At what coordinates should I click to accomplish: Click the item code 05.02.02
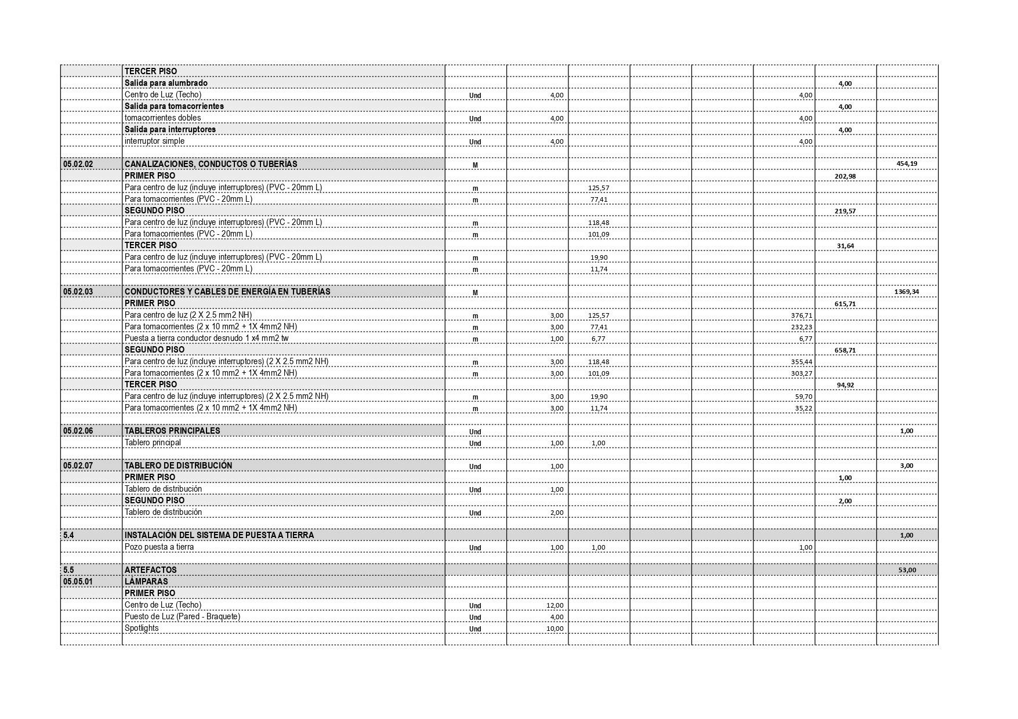click(78, 164)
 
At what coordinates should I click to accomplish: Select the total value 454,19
click(907, 164)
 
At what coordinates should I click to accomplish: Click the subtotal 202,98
click(845, 176)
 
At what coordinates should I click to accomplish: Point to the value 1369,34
click(907, 292)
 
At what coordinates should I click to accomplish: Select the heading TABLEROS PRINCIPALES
click(172, 431)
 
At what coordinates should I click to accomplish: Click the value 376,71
click(802, 315)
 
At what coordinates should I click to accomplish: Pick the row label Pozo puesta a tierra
click(159, 547)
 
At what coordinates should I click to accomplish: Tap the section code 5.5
click(68, 570)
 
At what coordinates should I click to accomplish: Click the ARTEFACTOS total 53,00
click(907, 571)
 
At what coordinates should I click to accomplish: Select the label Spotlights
click(142, 628)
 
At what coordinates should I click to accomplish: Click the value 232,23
click(802, 327)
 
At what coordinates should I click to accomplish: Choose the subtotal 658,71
click(845, 350)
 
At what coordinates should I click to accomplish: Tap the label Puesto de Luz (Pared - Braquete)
click(182, 616)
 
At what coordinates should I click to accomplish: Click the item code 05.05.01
click(78, 582)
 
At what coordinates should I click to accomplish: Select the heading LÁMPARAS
click(146, 582)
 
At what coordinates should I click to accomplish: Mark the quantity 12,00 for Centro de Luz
click(555, 605)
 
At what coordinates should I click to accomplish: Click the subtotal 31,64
click(845, 246)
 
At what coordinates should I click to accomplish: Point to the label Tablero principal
click(153, 442)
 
